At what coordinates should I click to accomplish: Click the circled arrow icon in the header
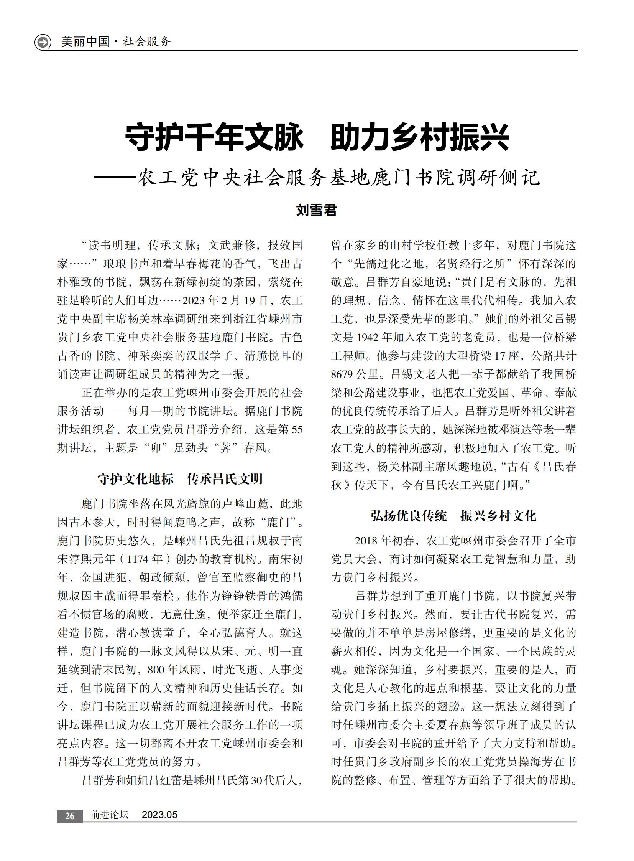click(x=43, y=42)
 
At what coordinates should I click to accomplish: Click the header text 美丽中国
click(x=85, y=41)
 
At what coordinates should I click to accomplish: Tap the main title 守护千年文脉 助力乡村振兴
click(x=317, y=137)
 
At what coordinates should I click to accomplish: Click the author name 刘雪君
click(x=317, y=210)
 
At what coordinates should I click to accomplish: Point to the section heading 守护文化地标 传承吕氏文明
click(x=180, y=479)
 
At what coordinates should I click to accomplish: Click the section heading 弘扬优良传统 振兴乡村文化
click(x=453, y=516)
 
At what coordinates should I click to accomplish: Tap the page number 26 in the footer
click(x=69, y=816)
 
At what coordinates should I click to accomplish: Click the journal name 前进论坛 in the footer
click(x=109, y=815)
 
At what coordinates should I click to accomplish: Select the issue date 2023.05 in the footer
click(x=160, y=815)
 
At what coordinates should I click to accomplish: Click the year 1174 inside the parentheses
click(x=137, y=559)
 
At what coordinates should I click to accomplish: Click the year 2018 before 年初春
click(x=366, y=541)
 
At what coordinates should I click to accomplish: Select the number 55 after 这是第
click(x=297, y=429)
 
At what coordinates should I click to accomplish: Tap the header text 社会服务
click(x=146, y=41)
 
